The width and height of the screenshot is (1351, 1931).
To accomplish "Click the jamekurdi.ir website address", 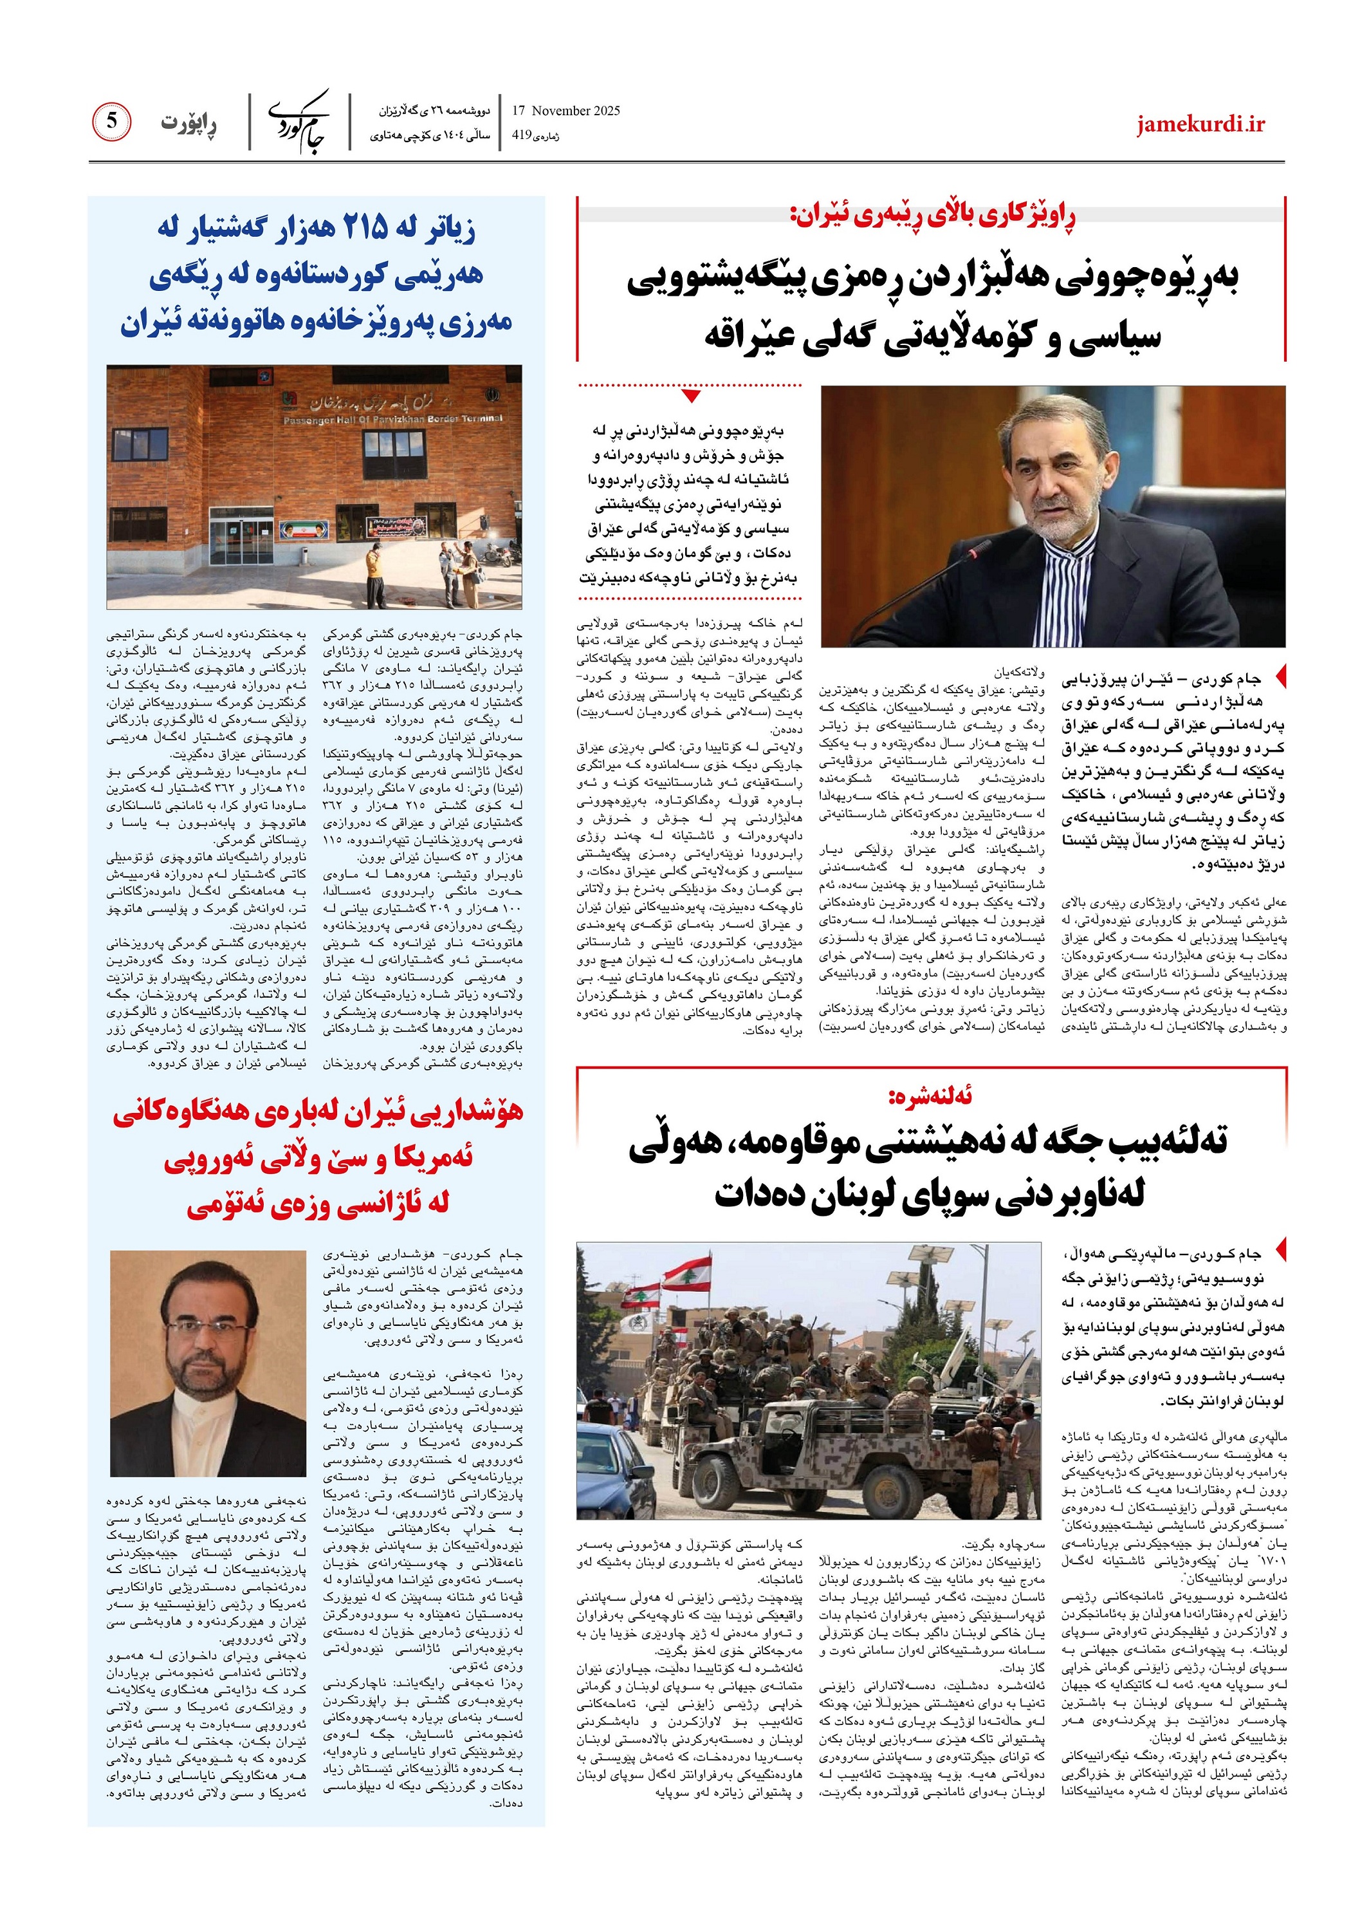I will tap(1200, 124).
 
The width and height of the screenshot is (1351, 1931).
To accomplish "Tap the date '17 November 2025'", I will tap(565, 110).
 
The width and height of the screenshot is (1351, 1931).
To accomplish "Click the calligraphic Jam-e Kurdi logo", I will tap(299, 120).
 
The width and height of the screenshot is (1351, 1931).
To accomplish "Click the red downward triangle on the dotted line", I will tap(691, 395).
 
